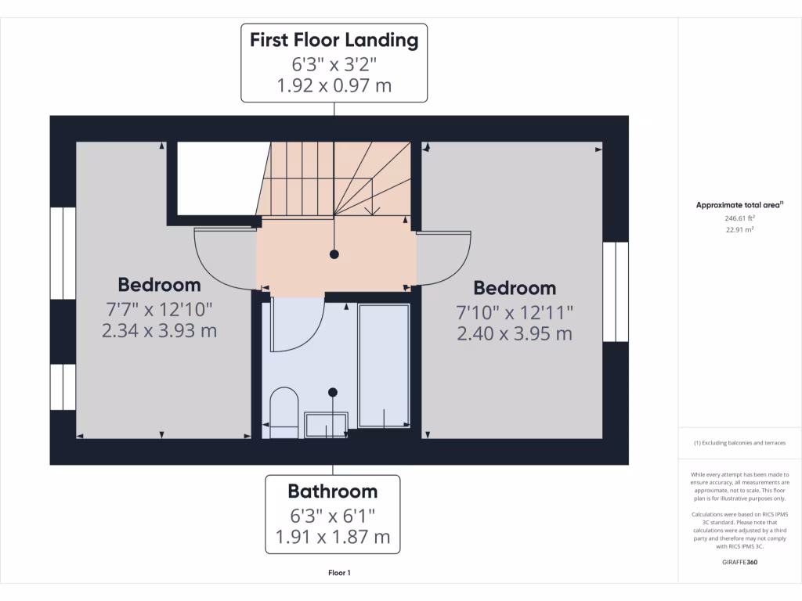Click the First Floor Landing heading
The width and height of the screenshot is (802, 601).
pyautogui.click(x=334, y=39)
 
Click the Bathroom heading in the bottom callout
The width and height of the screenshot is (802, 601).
pyautogui.click(x=332, y=491)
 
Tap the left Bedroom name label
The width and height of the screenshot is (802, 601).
pyautogui.click(x=159, y=284)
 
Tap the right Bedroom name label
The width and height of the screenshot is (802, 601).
pyautogui.click(x=515, y=287)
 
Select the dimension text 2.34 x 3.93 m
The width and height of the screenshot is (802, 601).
pyautogui.click(x=159, y=331)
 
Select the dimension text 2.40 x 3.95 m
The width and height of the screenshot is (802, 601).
pyautogui.click(x=515, y=334)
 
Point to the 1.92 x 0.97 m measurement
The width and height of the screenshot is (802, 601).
pyautogui.click(x=334, y=85)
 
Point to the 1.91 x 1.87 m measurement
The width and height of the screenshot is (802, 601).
pyautogui.click(x=332, y=538)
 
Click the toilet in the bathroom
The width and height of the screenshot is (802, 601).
pyautogui.click(x=284, y=411)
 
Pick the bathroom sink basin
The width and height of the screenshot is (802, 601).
pyautogui.click(x=325, y=426)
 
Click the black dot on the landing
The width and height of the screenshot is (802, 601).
pyautogui.click(x=334, y=254)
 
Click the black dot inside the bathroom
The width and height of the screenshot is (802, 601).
pyautogui.click(x=333, y=392)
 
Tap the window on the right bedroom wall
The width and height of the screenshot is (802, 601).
pyautogui.click(x=616, y=291)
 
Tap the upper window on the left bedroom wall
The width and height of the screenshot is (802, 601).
pyautogui.click(x=63, y=252)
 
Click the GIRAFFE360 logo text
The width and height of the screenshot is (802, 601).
pyautogui.click(x=739, y=562)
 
